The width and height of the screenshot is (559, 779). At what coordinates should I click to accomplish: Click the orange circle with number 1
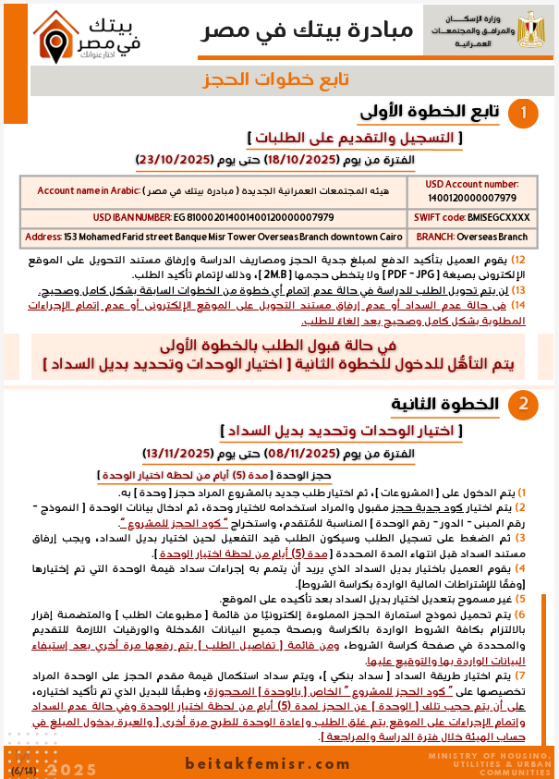click(524, 115)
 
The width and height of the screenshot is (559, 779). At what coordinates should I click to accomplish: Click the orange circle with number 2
click(524, 405)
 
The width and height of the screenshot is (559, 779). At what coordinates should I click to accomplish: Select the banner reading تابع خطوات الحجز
click(279, 80)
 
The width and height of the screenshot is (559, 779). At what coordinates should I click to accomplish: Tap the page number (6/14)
click(20, 770)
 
